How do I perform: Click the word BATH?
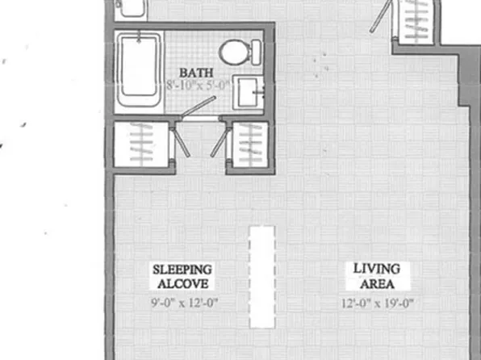click(x=196, y=71)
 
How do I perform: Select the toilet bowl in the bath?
click(x=233, y=55)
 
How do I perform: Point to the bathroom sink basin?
click(x=253, y=94)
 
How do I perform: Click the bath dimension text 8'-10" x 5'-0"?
click(x=199, y=83)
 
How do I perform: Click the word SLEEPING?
click(x=183, y=269)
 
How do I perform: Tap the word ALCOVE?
click(x=183, y=283)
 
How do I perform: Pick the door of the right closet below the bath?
click(x=217, y=140)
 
